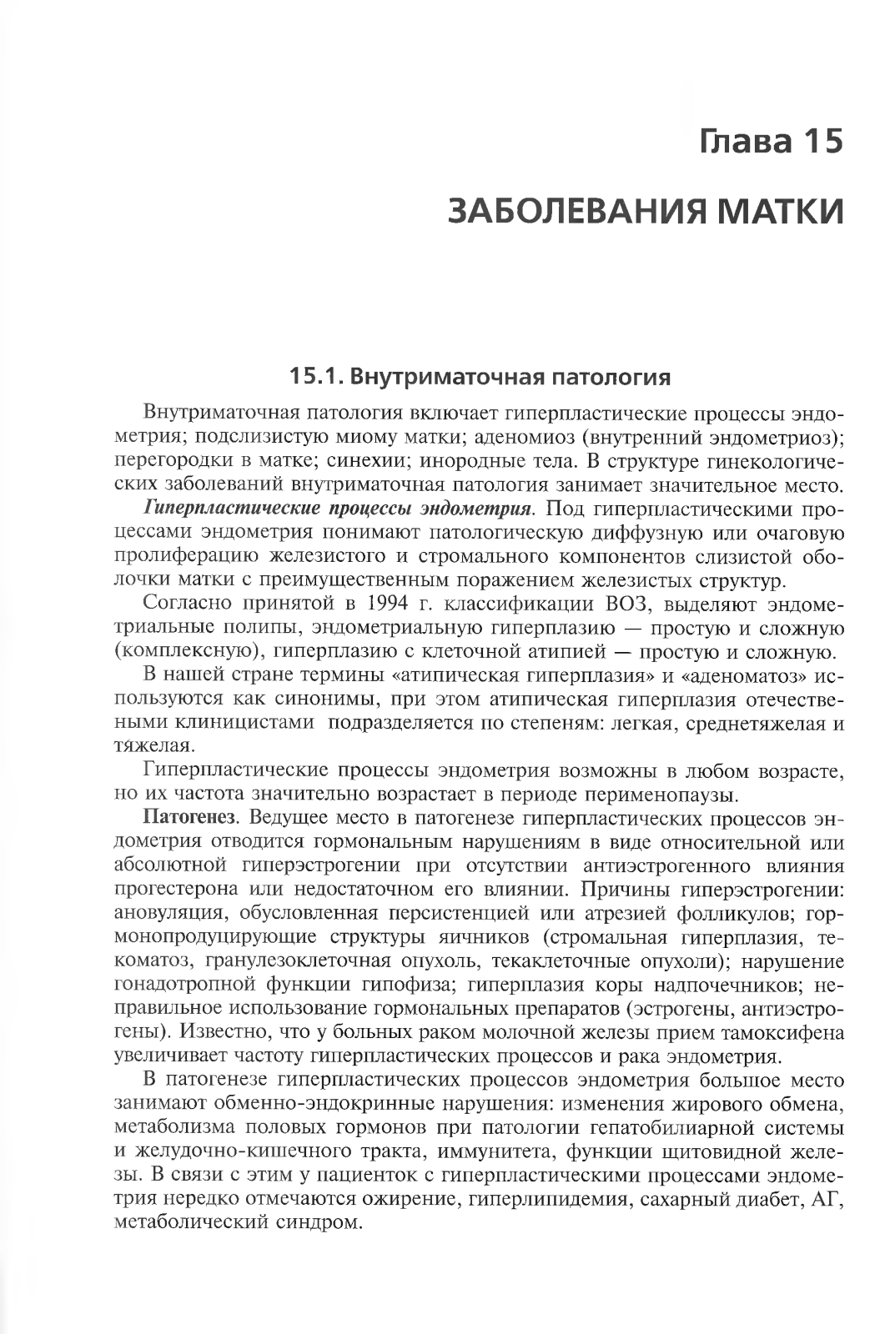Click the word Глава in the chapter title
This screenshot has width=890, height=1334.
(x=737, y=141)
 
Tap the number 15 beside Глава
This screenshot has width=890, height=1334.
(x=818, y=141)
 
